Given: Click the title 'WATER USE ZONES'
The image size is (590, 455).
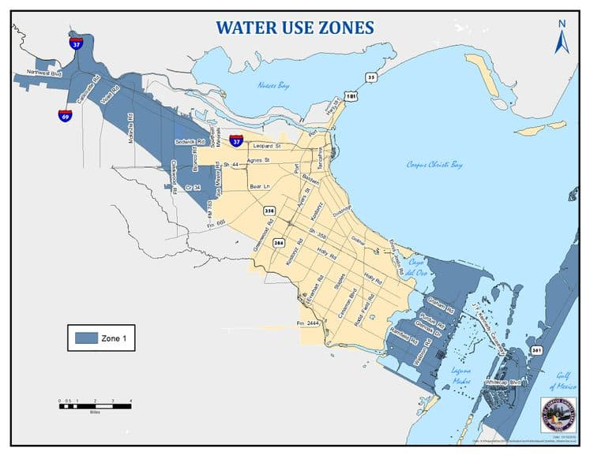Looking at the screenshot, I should [295, 28].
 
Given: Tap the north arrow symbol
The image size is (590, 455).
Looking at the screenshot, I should [562, 37].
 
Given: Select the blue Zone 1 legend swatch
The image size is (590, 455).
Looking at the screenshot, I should [85, 338].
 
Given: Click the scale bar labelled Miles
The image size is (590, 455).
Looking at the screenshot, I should [94, 403].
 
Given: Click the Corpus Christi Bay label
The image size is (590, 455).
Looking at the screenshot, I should [434, 165].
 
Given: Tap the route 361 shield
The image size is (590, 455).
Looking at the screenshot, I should [537, 350].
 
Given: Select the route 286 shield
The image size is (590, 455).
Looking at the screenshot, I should [278, 244].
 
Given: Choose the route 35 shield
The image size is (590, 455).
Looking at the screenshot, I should [370, 77].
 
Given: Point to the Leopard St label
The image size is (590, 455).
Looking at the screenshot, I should [267, 146].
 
